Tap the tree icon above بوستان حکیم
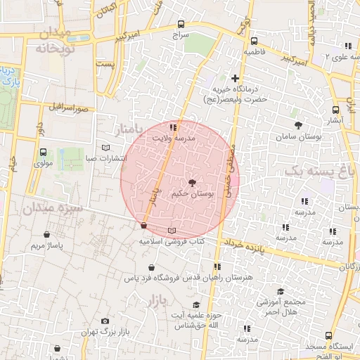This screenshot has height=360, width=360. [x=193, y=182]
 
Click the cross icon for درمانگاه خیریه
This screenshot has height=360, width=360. [x=236, y=78]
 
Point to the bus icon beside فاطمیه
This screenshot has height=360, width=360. [x=253, y=41]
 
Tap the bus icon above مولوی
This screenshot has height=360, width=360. [x=44, y=153]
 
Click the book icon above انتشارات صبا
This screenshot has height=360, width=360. [x=106, y=148]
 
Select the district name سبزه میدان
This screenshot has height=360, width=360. [x=52, y=208]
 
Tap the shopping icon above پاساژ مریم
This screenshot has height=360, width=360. [x=47, y=235]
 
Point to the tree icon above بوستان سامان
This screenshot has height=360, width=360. [x=299, y=125]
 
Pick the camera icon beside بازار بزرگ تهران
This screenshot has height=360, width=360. [x=105, y=321]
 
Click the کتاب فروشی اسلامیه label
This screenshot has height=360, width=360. [x=171, y=241]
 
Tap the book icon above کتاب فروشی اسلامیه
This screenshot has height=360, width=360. [x=172, y=231]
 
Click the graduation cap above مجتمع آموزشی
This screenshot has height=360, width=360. [x=281, y=291]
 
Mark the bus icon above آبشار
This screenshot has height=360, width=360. [x=335, y=110]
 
